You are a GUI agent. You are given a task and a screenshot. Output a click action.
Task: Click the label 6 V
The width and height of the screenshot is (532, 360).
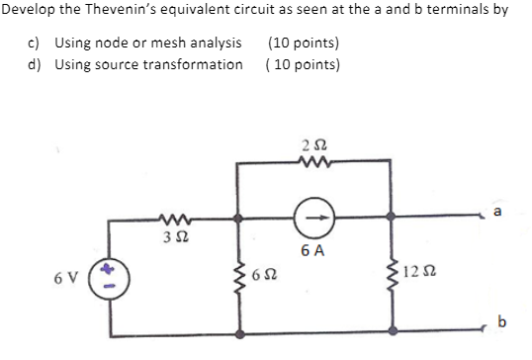click(x=72, y=275)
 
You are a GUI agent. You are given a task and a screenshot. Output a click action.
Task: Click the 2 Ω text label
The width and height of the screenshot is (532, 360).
click(x=316, y=146)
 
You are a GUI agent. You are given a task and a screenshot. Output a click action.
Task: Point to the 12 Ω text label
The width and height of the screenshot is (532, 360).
click(x=422, y=272)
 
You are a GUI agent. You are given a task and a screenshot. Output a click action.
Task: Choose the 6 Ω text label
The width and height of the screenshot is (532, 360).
click(x=265, y=274)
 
